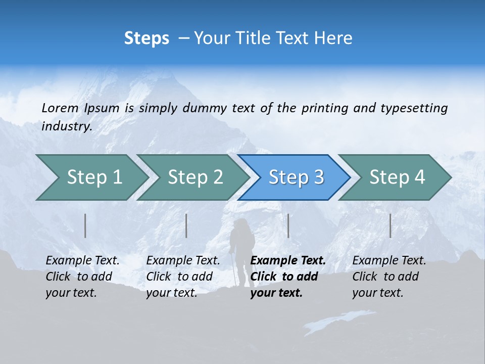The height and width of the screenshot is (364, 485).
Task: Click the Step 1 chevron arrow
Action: point(91,177)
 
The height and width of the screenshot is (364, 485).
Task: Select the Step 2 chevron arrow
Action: point(192,177)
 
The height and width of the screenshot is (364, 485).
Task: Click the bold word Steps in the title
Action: point(147,38)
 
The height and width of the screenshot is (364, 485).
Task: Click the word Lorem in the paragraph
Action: point(60,108)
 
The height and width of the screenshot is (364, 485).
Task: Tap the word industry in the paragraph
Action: point(67,126)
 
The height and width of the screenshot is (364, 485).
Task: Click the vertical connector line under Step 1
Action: point(85,225)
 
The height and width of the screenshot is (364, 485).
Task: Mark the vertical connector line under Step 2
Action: point(186,225)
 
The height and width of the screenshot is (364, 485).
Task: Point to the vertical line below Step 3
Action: point(288,225)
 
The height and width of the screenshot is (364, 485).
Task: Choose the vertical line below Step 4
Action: point(390,225)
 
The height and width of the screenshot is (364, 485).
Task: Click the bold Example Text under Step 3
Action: point(288,261)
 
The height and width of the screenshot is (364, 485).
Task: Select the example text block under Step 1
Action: point(82,277)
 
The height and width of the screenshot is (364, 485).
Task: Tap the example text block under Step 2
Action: point(182,277)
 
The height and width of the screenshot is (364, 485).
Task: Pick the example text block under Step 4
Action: point(389,277)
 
